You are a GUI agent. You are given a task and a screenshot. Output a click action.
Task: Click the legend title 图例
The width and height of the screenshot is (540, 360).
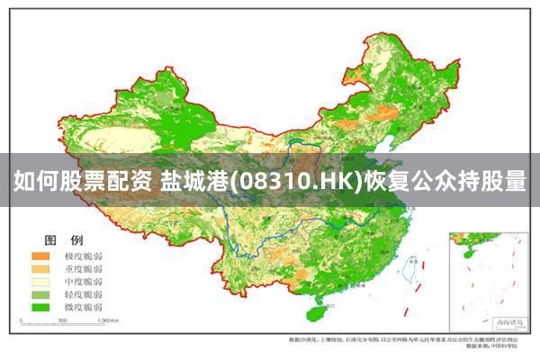[63, 240]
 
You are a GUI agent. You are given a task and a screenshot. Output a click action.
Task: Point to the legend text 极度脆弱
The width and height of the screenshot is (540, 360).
[82, 256]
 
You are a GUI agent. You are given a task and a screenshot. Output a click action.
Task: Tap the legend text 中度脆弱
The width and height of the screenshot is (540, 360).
[82, 282]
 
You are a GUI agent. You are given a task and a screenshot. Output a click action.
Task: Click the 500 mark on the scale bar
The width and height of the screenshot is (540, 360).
[59, 321]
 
